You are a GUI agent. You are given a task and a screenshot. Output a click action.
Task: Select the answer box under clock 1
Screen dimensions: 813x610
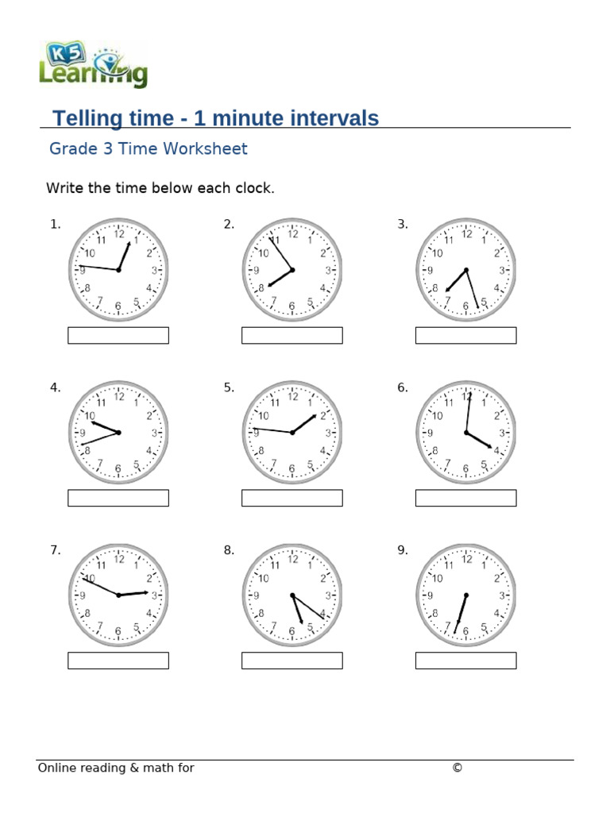(x=118, y=336)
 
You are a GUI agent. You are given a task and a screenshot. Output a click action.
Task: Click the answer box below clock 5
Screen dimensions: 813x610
(x=291, y=498)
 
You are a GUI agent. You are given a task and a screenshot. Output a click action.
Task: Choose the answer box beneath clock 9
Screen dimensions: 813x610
(x=465, y=661)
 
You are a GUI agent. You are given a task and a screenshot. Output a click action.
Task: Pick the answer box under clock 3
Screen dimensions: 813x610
(x=465, y=336)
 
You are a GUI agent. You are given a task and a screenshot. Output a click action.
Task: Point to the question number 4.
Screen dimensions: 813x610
(x=55, y=387)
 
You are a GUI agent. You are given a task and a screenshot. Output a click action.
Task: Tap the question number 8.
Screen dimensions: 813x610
(x=229, y=550)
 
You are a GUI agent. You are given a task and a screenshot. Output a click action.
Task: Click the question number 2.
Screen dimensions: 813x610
(x=229, y=225)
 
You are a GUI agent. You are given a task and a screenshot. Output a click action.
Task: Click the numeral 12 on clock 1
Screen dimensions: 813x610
(x=119, y=234)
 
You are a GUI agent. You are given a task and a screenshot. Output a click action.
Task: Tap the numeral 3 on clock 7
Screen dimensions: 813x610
(x=154, y=595)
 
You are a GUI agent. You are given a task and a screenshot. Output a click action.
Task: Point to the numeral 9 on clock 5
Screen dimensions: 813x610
(x=256, y=433)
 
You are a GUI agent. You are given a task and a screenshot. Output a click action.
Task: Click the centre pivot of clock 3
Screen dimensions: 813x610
(x=466, y=270)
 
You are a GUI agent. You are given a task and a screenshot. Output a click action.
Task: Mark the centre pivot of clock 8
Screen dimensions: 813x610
(x=292, y=595)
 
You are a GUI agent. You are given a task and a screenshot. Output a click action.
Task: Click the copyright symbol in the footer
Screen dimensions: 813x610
(x=457, y=768)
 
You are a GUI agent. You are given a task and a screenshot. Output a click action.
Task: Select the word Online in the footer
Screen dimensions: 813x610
(x=57, y=768)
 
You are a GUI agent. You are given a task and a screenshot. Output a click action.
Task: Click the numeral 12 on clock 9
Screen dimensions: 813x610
(x=466, y=560)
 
